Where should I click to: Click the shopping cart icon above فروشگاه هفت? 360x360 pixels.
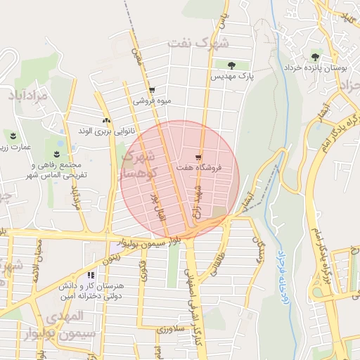tap(199, 157)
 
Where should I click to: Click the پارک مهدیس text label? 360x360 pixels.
tap(232, 75)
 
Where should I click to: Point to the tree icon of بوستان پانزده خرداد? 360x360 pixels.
tap(314, 57)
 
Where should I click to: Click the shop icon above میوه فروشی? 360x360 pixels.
tap(152, 91)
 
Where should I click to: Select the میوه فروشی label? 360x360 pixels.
tap(153, 101)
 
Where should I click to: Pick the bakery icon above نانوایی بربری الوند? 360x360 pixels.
tap(106, 121)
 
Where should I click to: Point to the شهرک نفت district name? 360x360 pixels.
tap(199, 44)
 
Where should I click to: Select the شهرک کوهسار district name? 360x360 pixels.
tap(140, 162)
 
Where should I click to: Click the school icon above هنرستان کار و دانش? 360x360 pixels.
tap(91, 276)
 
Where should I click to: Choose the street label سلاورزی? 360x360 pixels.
tap(170, 328)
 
